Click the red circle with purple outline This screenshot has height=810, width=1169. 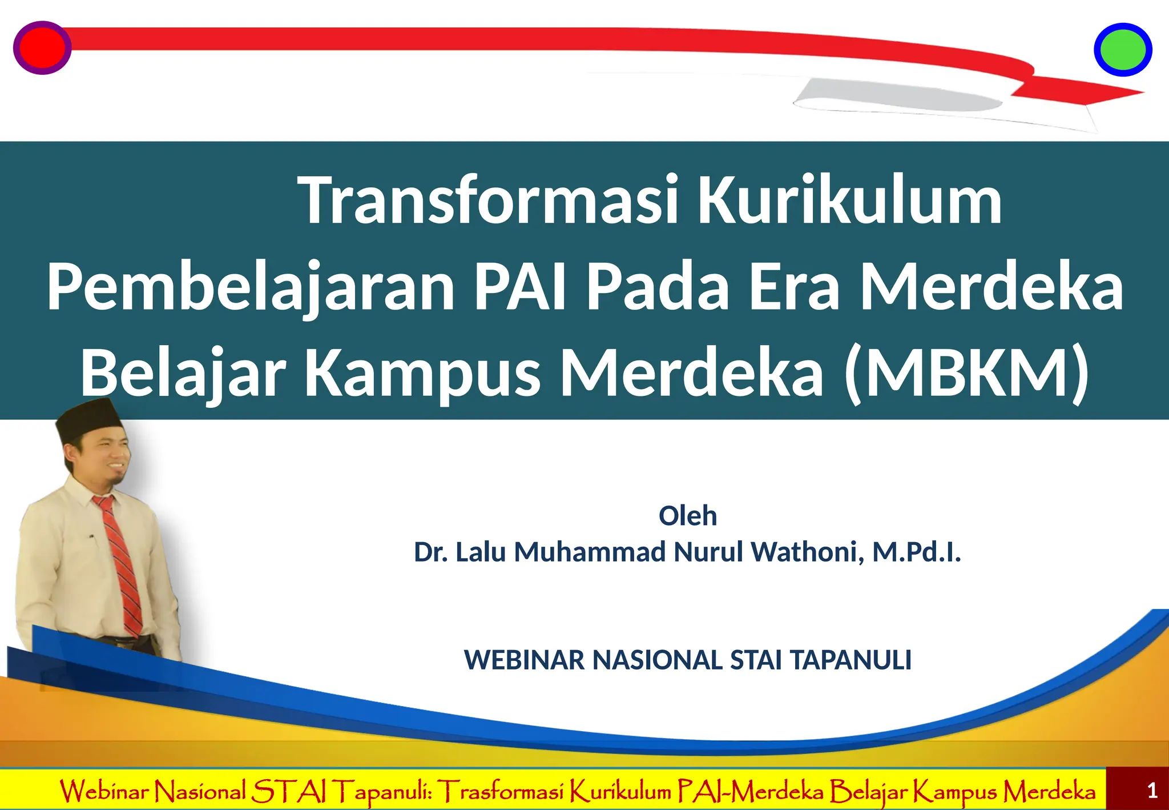coord(42,48)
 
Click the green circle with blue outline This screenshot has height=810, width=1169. coord(1122,50)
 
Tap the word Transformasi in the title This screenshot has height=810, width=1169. coord(489,200)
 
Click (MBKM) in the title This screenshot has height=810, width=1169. coord(967,372)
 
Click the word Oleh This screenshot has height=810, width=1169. coord(687,516)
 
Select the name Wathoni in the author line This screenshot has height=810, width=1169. coord(807,552)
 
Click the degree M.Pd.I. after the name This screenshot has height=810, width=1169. coord(917,552)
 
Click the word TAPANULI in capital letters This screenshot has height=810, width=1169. coord(850,660)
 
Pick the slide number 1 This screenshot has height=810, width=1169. coord(1152,791)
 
